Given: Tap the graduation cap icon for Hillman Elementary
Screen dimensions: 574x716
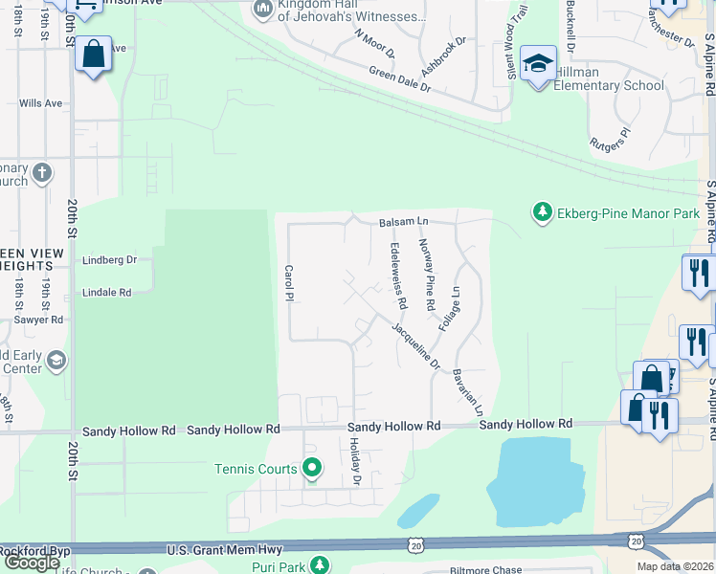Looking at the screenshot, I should tap(539, 65).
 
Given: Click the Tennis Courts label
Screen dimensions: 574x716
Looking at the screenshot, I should tap(257, 469).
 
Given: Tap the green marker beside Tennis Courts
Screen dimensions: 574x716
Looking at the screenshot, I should tap(311, 469).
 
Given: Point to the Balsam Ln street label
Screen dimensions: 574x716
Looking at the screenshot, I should tap(402, 222).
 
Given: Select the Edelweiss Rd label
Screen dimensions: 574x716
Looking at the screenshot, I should tap(398, 276).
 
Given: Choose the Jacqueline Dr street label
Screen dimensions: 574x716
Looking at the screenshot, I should tap(414, 345).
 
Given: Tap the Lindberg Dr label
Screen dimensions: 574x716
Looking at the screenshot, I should tap(110, 259).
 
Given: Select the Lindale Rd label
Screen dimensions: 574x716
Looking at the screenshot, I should tap(106, 293).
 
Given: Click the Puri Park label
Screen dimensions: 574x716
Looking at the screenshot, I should tap(279, 567).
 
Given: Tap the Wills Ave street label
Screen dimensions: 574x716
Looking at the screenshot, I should tap(40, 103).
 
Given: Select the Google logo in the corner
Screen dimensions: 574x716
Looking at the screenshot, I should tap(31, 562).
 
